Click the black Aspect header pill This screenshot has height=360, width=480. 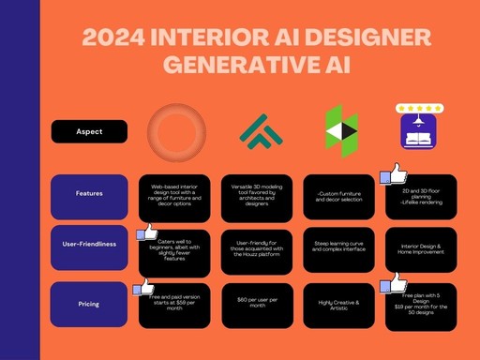pos(90,132)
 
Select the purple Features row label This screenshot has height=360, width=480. pos(90,195)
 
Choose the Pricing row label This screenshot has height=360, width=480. pos(90,305)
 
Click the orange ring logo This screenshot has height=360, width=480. pos(178,130)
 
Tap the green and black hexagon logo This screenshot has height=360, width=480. pos(340,130)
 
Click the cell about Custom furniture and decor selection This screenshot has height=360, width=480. pos(340,196)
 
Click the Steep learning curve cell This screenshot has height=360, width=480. pos(340,249)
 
